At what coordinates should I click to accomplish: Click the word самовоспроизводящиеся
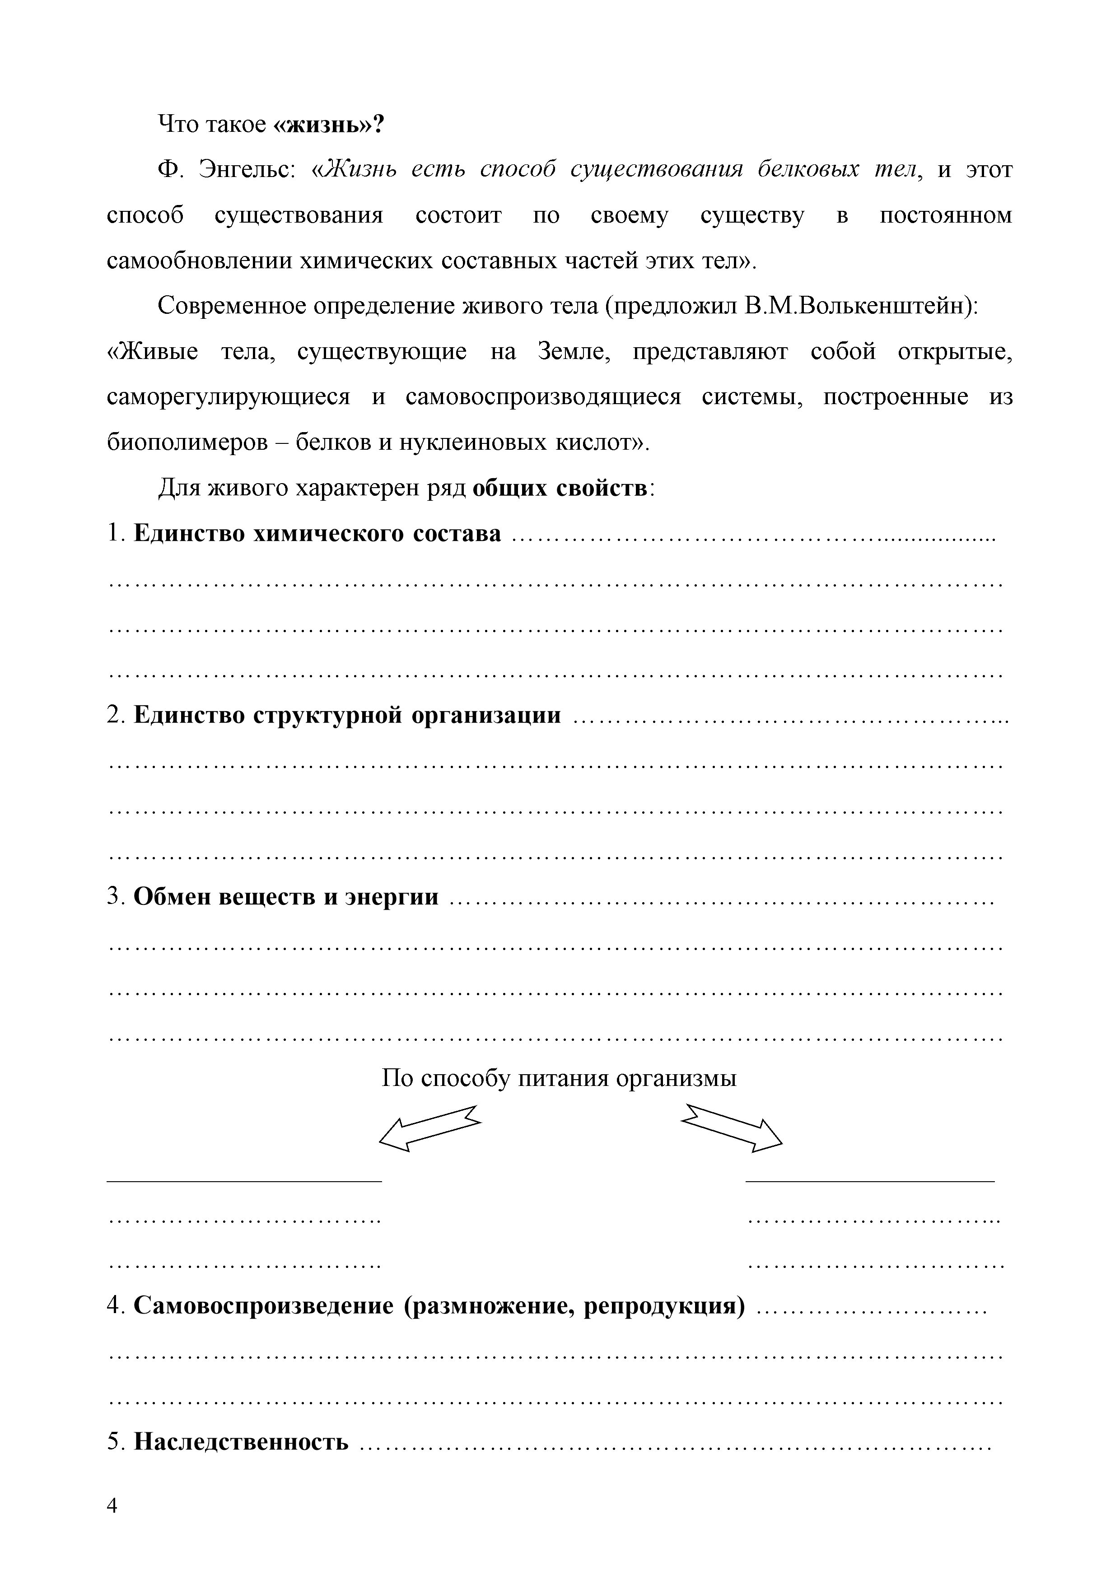pyautogui.click(x=542, y=397)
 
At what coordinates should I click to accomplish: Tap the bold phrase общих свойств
pyautogui.click(x=560, y=489)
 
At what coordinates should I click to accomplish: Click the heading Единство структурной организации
pyautogui.click(x=346, y=715)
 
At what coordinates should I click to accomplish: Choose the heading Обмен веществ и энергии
pyautogui.click(x=286, y=897)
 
